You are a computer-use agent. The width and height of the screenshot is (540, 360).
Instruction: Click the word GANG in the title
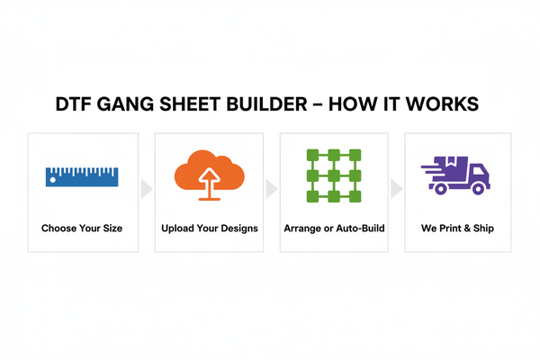pos(131,106)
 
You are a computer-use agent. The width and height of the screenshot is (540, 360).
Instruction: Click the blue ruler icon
pos(82,175)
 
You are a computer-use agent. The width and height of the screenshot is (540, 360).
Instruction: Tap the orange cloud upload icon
pos(209,173)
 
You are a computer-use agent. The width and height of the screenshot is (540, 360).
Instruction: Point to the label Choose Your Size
pos(82,229)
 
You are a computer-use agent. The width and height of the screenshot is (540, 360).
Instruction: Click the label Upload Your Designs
pos(209,229)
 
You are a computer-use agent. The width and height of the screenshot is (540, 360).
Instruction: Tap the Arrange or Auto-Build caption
pos(334,229)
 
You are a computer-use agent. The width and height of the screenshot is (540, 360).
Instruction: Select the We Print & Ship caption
pos(457,229)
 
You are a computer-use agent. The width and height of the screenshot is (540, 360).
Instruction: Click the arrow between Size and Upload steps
pos(146,188)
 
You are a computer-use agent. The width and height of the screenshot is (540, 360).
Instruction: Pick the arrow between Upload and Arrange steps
pos(271,188)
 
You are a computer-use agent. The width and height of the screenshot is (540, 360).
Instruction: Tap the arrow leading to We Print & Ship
pos(396,188)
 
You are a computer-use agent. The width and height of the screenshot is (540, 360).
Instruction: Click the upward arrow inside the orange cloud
pos(209,180)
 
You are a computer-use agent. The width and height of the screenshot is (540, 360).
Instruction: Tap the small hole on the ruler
pos(53,179)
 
